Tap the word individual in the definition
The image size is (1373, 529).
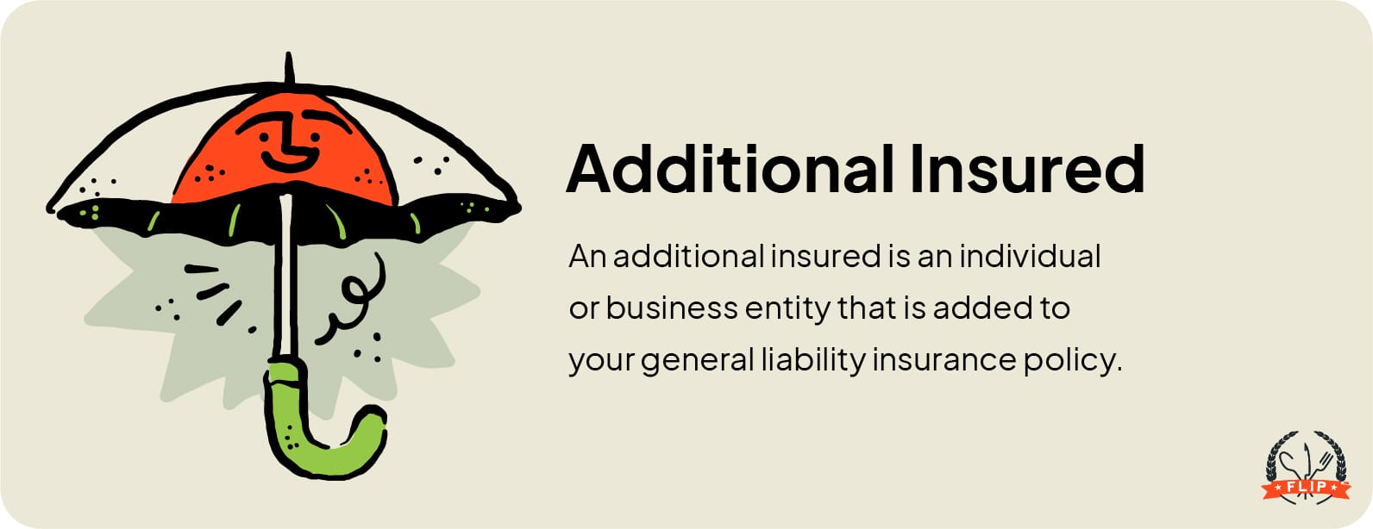tap(1030, 256)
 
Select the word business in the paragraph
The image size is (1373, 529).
tap(672, 308)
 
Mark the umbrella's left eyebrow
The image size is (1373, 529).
tap(257, 121)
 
